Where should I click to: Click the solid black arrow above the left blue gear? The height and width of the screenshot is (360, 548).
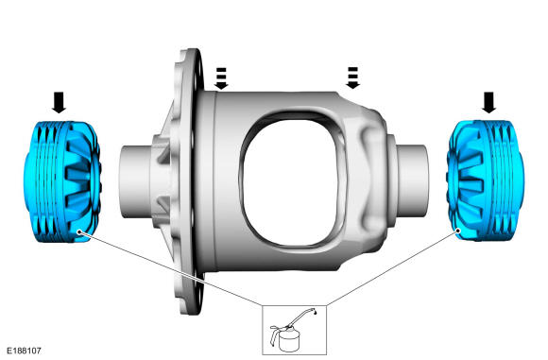tap(59, 102)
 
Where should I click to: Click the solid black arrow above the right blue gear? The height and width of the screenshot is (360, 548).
tap(488, 102)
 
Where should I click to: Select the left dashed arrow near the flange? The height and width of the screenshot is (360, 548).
tap(221, 78)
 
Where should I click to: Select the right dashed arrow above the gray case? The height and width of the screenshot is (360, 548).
tap(352, 77)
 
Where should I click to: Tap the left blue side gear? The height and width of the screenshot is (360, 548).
tap(62, 181)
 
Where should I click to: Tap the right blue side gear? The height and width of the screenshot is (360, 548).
tap(485, 180)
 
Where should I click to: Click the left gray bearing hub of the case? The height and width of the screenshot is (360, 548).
tap(136, 182)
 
